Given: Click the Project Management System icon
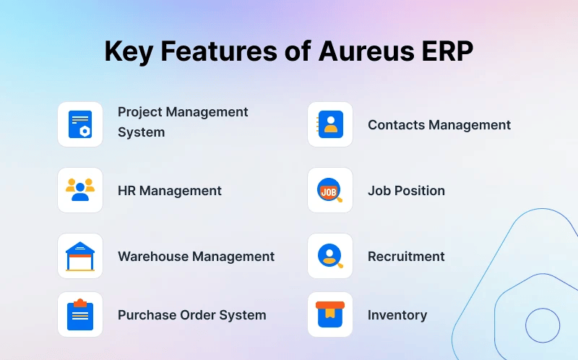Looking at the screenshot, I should point(80,124).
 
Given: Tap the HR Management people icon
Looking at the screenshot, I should point(80,190).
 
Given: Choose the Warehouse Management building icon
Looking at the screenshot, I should point(80,256).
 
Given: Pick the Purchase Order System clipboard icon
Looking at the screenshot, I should point(80,314).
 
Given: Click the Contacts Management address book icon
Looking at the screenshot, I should point(330,124).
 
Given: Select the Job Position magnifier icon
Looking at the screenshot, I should point(330,190).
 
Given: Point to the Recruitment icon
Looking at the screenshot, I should point(330,256).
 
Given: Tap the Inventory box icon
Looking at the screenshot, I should point(330,314).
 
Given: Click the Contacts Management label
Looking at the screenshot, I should point(439,125).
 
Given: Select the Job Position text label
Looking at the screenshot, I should point(406,191).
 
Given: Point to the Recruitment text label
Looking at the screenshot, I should point(406,257).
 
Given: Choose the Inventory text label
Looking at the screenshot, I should point(397,315).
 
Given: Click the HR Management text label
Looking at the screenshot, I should point(170,191).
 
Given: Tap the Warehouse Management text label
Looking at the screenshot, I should point(196,257).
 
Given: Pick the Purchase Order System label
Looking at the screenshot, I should point(192,315).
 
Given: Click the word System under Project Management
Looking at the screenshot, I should point(142,132).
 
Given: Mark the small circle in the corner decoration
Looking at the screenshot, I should point(543,325).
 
